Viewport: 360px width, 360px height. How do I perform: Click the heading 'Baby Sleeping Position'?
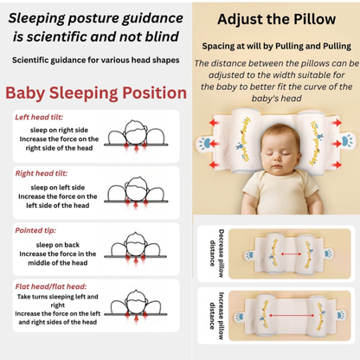click(x=90, y=93)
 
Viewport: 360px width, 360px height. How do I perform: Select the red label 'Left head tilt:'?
click(x=40, y=116)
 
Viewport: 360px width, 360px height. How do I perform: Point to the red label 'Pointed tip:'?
click(x=36, y=231)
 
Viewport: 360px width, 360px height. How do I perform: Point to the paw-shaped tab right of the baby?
click(x=346, y=138)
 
